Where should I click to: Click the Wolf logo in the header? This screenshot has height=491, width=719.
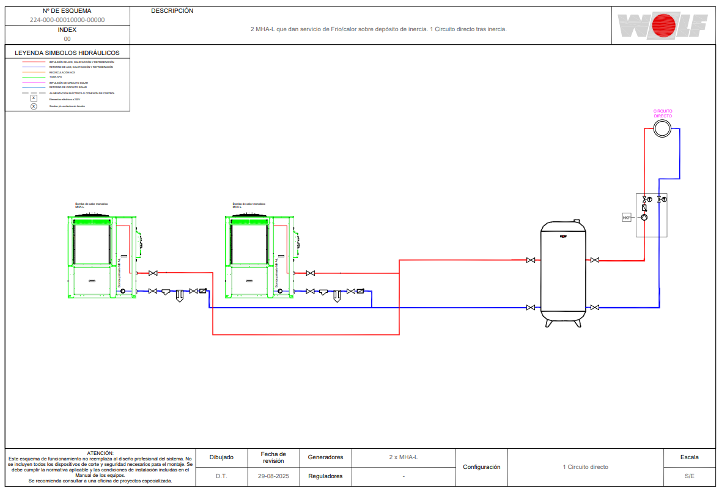click(x=663, y=25)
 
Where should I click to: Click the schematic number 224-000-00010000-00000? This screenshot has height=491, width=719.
click(x=67, y=20)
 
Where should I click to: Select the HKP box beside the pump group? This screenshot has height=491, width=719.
click(x=626, y=217)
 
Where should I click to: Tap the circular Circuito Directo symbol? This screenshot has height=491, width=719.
click(x=662, y=128)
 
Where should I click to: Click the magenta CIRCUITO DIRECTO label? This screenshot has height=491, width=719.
click(x=663, y=113)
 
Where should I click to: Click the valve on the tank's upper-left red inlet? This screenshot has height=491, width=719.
click(x=531, y=260)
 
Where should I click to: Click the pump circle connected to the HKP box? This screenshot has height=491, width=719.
click(x=644, y=217)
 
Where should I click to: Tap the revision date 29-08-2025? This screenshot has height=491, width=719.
click(x=273, y=476)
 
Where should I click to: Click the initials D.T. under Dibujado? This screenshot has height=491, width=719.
click(x=221, y=476)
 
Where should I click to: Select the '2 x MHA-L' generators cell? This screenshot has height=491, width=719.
click(x=404, y=457)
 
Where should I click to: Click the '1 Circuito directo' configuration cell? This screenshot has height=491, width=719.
click(x=585, y=467)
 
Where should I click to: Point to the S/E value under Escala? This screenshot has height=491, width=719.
click(x=689, y=476)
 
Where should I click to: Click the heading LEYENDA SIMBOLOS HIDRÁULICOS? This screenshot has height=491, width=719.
click(x=67, y=53)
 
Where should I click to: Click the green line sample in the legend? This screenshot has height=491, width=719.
click(x=34, y=77)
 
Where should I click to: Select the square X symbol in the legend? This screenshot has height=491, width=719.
click(x=34, y=98)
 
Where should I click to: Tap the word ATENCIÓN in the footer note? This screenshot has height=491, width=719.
click(x=100, y=453)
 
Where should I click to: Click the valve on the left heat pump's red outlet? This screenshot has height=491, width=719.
click(x=153, y=273)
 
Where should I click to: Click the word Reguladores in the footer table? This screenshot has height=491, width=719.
click(x=325, y=476)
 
